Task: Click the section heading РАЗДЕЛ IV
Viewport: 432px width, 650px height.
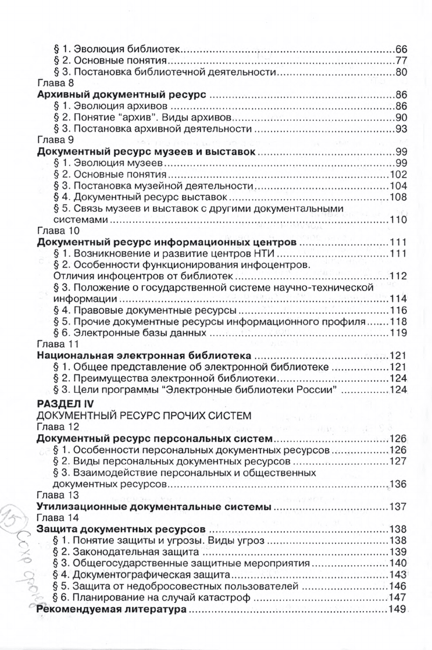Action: tap(69, 403)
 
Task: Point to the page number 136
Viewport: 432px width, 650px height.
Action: tap(398, 484)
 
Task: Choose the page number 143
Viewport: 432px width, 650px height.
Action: tap(398, 575)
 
